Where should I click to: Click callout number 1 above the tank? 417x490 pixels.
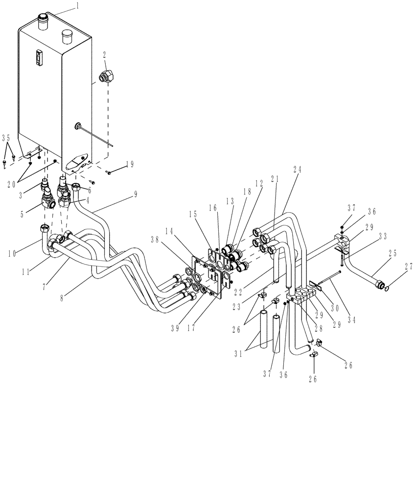[77, 6]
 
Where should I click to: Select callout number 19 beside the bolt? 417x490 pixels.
[129, 165]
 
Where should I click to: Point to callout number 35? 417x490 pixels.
[6, 138]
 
